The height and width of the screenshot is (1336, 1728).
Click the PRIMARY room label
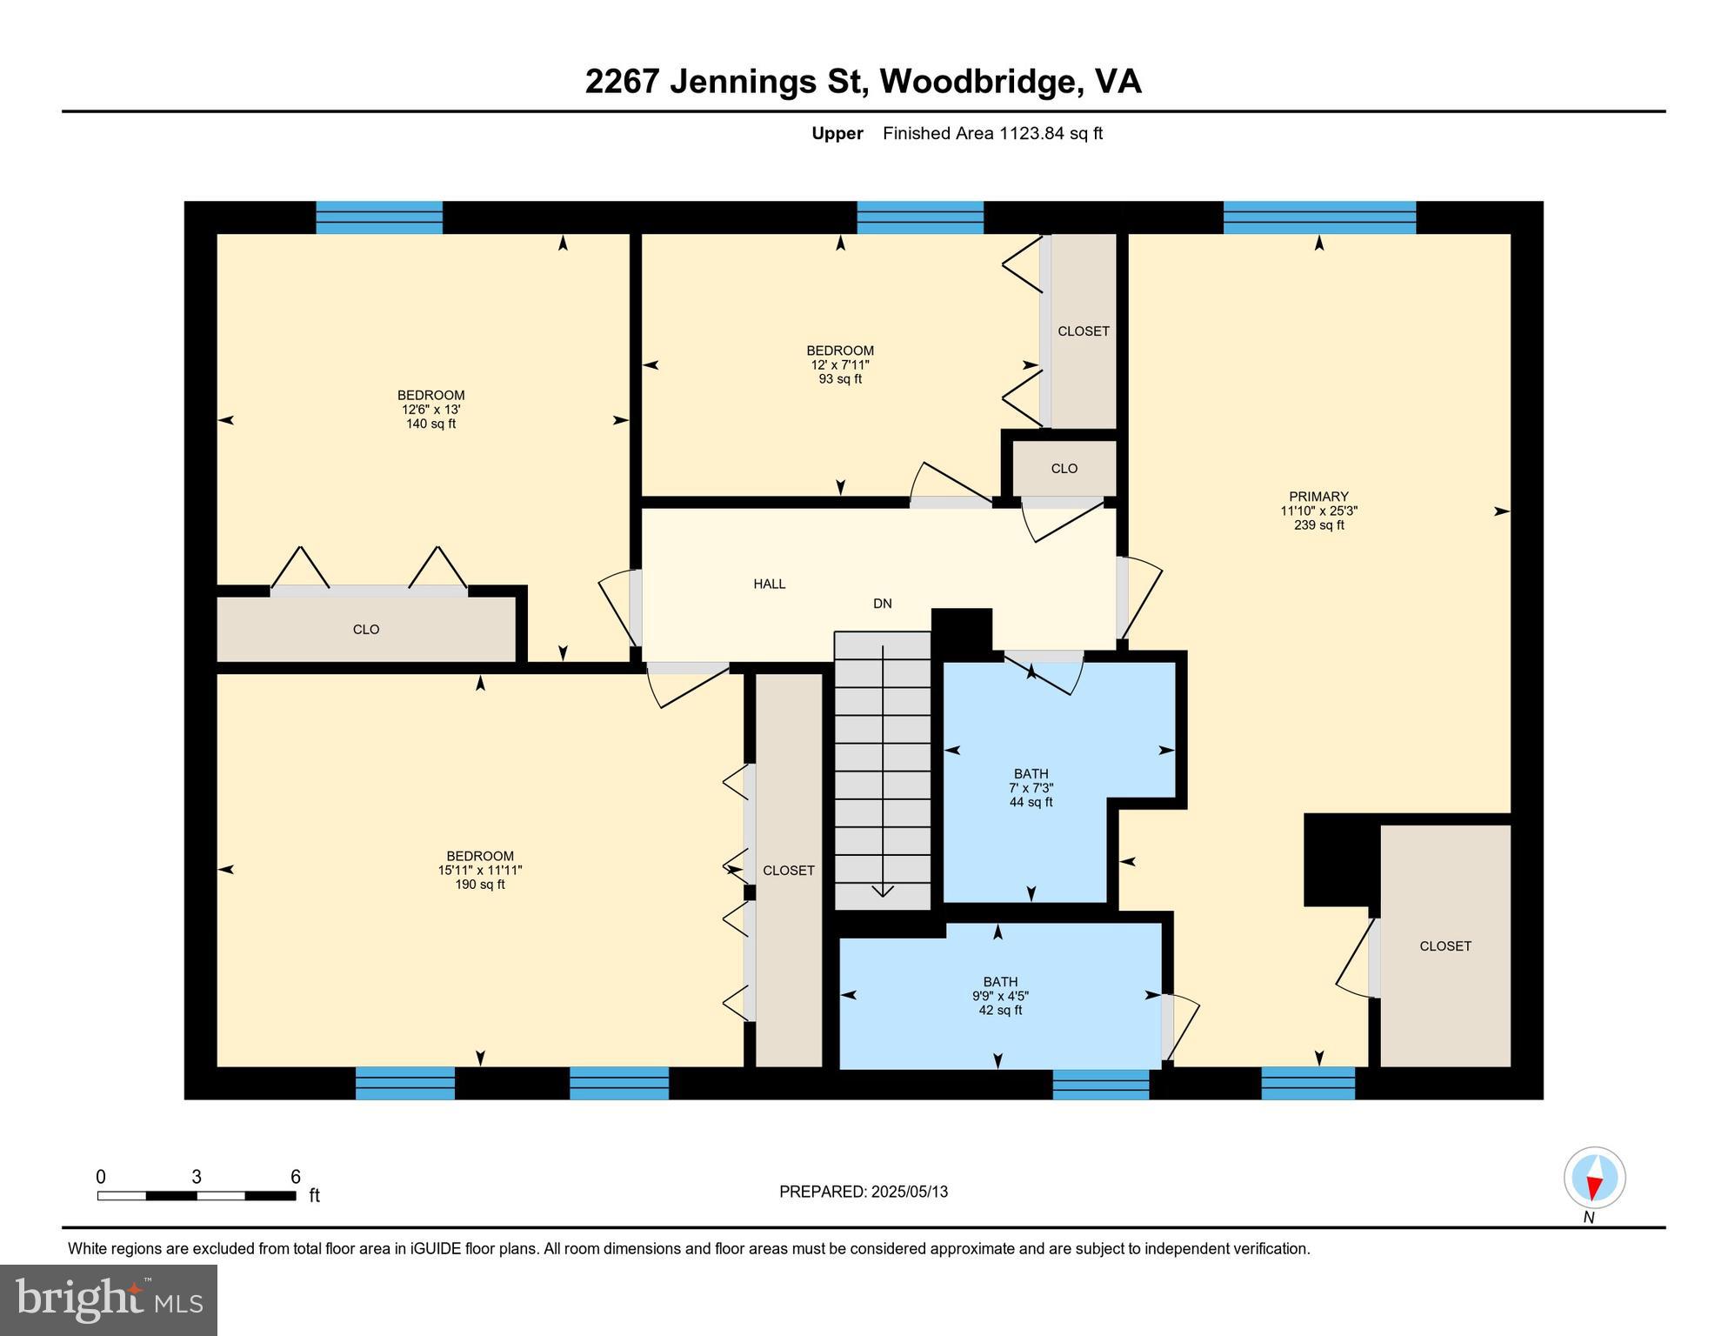click(1318, 497)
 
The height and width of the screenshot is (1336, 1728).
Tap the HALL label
click(769, 584)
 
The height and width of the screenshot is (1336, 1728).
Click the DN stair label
click(882, 604)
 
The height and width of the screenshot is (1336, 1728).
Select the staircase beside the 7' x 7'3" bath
click(882, 770)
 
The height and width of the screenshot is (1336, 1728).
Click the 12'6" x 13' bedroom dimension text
click(430, 410)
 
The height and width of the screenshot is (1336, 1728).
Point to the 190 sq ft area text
click(479, 885)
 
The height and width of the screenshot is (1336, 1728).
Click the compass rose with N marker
click(1593, 1179)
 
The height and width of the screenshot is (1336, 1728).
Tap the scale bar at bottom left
click(197, 1195)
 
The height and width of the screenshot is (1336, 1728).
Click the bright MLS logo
click(109, 1299)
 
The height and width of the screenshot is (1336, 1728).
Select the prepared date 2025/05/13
click(863, 1192)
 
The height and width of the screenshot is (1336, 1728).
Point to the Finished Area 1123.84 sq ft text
click(991, 133)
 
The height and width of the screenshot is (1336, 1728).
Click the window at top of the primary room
click(1318, 217)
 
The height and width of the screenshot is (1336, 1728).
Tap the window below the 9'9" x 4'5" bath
click(1100, 1084)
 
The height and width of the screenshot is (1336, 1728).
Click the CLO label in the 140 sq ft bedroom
click(365, 630)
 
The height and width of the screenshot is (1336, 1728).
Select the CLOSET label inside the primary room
click(1444, 946)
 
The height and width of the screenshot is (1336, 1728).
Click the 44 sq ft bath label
click(1031, 802)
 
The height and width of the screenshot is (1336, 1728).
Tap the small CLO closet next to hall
click(1064, 469)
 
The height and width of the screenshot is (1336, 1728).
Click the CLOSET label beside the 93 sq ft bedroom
click(1083, 331)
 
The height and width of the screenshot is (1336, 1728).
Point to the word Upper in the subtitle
click(837, 133)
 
